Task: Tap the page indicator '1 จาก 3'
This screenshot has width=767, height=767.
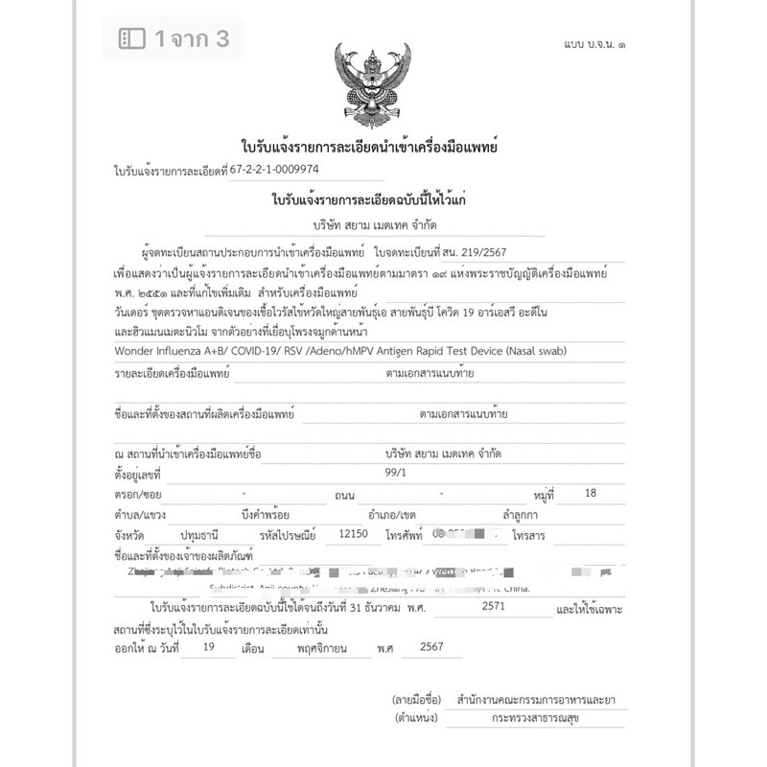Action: click(173, 38)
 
